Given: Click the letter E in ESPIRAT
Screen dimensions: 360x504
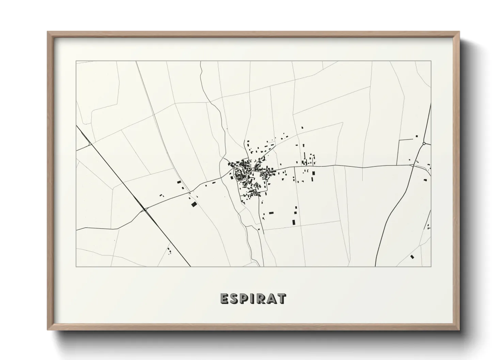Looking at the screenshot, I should (x=224, y=298).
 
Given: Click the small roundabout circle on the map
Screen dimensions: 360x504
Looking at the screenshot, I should (x=424, y=144).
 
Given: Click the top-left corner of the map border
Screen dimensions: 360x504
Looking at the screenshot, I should (x=76, y=61).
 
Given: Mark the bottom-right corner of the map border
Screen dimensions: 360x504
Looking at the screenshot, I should (x=431, y=266).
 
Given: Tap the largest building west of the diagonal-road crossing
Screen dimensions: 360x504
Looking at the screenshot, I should (x=194, y=204).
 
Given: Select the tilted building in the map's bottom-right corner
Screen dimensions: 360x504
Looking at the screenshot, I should (x=412, y=257).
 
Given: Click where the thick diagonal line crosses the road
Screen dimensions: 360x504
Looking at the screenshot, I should (x=146, y=210).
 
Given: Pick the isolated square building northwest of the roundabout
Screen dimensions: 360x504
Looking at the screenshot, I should (x=416, y=136).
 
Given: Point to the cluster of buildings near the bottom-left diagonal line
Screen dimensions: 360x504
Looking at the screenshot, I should (x=169, y=251).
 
